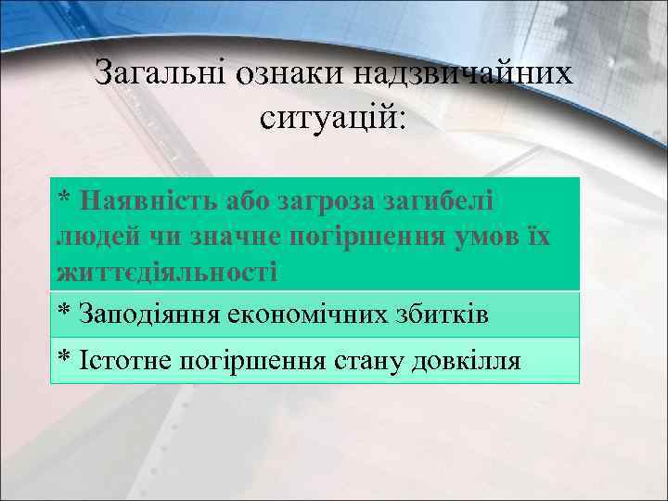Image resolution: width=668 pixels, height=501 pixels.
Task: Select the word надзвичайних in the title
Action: point(457,73)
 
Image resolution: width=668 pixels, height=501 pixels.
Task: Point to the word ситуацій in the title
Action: point(332,116)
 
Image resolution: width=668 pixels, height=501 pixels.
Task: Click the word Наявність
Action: point(148,199)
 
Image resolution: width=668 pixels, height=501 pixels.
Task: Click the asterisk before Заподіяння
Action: point(64,310)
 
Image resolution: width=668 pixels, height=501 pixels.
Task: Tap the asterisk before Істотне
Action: point(64,356)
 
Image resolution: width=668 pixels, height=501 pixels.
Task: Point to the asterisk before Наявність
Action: point(64,197)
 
